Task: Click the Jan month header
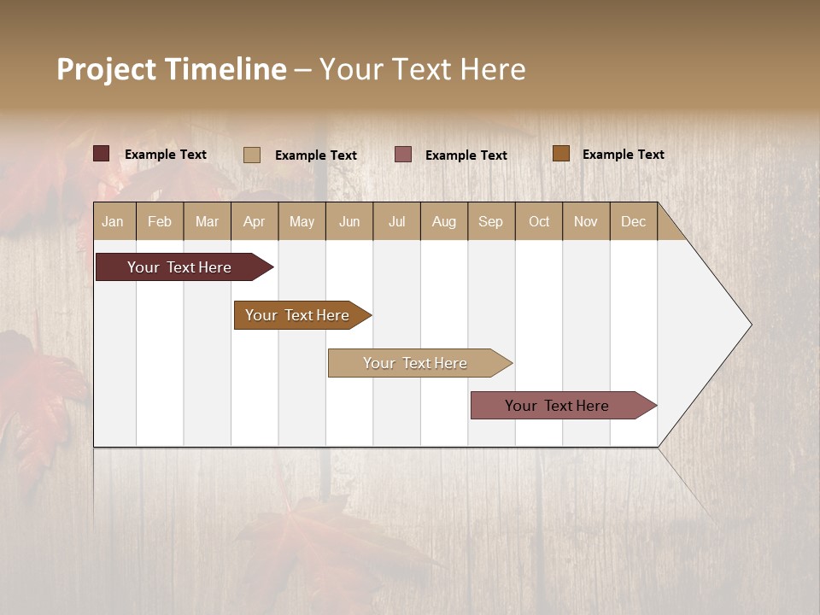[x=114, y=221]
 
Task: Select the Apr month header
[x=255, y=221]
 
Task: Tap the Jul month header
[x=396, y=221]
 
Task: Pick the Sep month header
[x=491, y=221]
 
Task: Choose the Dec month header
[x=633, y=221]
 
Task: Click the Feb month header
[x=160, y=221]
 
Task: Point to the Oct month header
[x=539, y=221]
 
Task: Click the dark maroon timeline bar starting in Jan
[x=179, y=267]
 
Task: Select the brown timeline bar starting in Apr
[x=297, y=315]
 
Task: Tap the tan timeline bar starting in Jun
[x=415, y=363]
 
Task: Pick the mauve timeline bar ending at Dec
[x=557, y=406]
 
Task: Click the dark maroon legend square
[x=102, y=154]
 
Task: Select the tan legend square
[x=252, y=155]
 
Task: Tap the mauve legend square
[x=403, y=155]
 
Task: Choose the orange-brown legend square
[x=561, y=154]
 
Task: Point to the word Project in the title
[x=106, y=69]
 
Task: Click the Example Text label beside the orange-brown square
[x=623, y=155]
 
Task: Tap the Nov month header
[x=586, y=221]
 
